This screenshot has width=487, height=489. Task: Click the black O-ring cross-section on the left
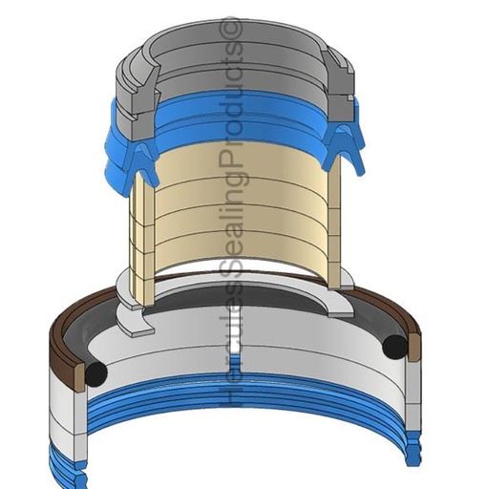[x=96, y=372]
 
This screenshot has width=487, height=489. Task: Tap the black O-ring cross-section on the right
[x=395, y=345]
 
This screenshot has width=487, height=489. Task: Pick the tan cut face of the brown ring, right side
[x=414, y=347]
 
